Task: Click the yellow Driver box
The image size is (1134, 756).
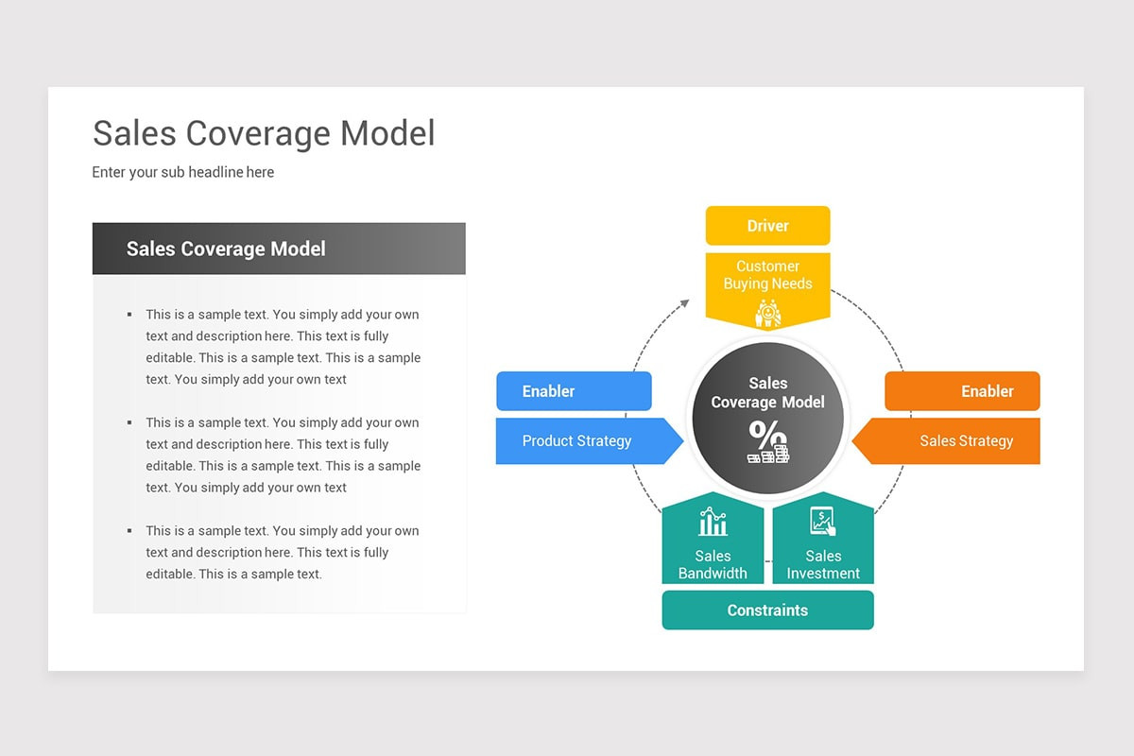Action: click(x=767, y=226)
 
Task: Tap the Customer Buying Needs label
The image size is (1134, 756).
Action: click(x=767, y=275)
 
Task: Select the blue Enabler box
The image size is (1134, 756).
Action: click(x=574, y=391)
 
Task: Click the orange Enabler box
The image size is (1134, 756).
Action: click(x=962, y=391)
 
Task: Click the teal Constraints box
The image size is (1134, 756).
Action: click(x=767, y=610)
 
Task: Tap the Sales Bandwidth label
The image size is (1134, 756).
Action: click(x=713, y=565)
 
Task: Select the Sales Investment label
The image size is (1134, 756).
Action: click(x=823, y=565)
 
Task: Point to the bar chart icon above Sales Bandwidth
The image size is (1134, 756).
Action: click(x=713, y=523)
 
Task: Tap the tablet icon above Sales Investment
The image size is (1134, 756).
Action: click(x=823, y=522)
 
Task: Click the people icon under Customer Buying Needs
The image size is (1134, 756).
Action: click(x=767, y=313)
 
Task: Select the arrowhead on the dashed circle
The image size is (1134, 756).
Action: click(x=685, y=304)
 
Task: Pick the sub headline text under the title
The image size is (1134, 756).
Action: click(x=183, y=172)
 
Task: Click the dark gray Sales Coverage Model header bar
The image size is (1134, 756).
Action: click(x=279, y=249)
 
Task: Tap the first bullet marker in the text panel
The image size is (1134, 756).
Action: click(x=129, y=315)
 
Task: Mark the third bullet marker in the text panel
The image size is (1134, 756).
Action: click(x=129, y=531)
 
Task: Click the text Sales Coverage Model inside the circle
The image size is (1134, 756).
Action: click(x=767, y=393)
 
